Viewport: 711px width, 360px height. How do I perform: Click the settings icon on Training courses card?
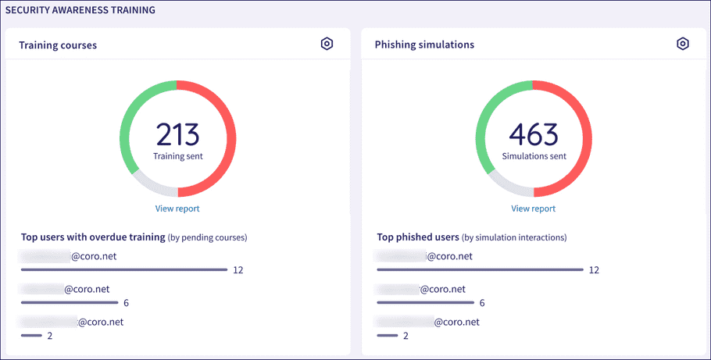tap(327, 44)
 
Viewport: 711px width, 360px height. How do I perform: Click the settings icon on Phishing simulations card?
tap(683, 44)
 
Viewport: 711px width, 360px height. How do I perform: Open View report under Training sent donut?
tap(177, 209)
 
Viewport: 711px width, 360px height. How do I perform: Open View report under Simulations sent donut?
tap(534, 209)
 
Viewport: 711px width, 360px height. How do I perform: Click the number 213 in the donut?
tap(178, 135)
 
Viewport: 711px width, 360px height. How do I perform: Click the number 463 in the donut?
tap(534, 135)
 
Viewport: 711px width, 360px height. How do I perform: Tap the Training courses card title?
tap(58, 45)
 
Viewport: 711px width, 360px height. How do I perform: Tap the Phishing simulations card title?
tap(424, 45)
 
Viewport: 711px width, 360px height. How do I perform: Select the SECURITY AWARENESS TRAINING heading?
tap(80, 10)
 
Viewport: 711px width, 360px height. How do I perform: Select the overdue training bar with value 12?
tap(123, 269)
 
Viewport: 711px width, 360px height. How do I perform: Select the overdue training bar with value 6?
tap(70, 302)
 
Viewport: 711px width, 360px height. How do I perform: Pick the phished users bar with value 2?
tap(387, 335)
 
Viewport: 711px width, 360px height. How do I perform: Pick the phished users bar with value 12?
tap(480, 269)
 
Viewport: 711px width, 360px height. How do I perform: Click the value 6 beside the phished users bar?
tap(482, 302)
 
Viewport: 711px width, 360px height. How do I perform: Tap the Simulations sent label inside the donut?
tap(534, 156)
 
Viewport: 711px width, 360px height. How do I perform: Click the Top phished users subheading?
tap(418, 237)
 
